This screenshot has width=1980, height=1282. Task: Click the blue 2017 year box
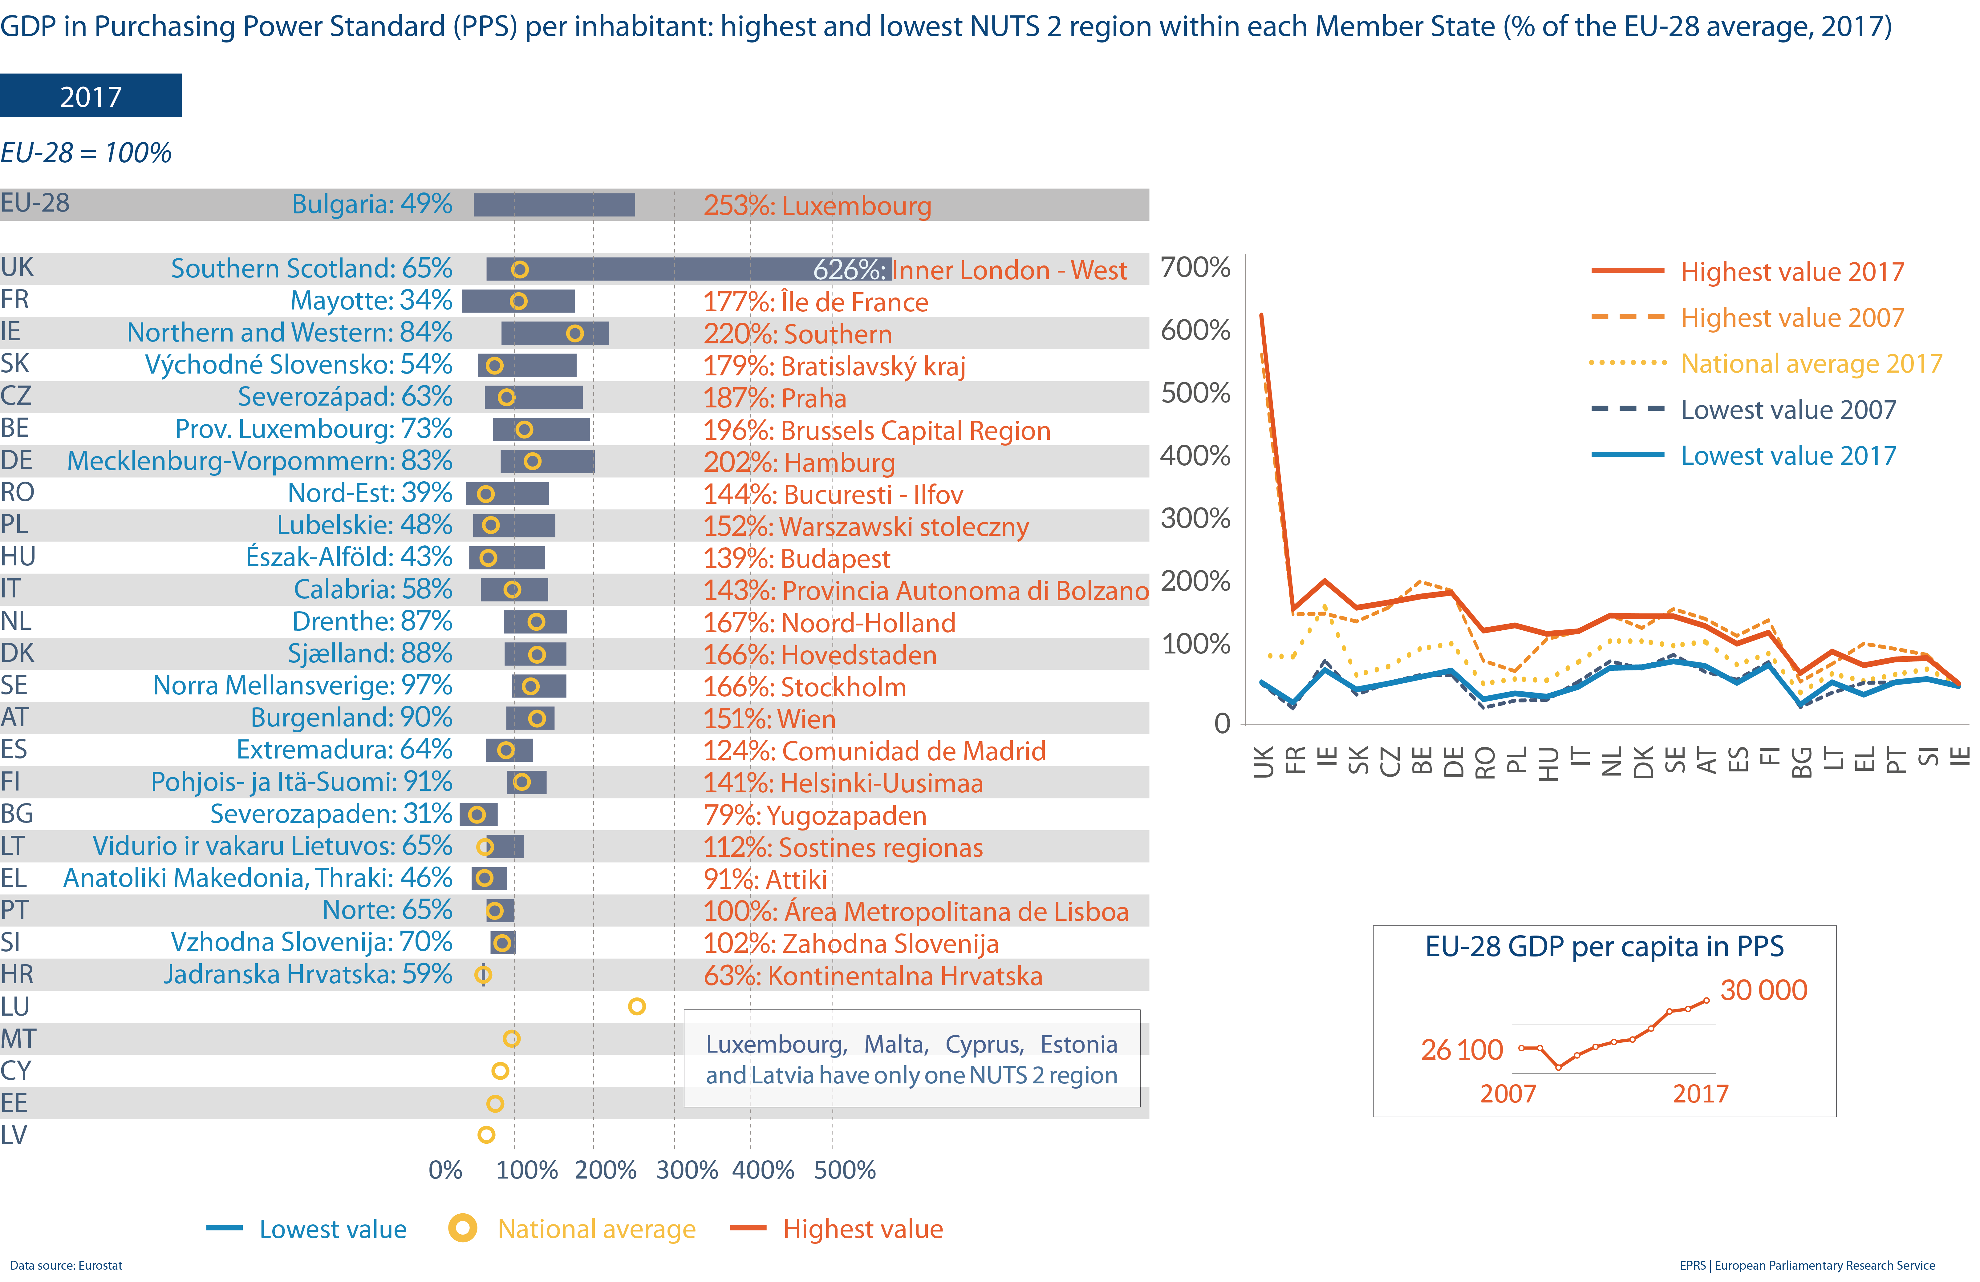click(x=91, y=96)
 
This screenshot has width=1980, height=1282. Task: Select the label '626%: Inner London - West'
click(x=969, y=269)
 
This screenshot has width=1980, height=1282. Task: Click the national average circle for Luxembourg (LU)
click(x=636, y=1007)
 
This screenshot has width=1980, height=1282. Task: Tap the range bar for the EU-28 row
click(x=554, y=205)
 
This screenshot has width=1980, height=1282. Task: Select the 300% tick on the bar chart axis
click(x=686, y=1170)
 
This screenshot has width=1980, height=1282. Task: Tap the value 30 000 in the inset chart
click(x=1763, y=990)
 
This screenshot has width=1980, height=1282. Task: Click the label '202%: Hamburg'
click(x=799, y=463)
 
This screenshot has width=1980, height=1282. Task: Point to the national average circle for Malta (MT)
click(x=512, y=1038)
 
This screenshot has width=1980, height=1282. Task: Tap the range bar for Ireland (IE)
click(x=555, y=333)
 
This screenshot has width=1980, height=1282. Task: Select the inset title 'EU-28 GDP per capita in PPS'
click(x=1604, y=947)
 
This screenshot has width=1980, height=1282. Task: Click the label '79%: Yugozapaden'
click(x=814, y=815)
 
